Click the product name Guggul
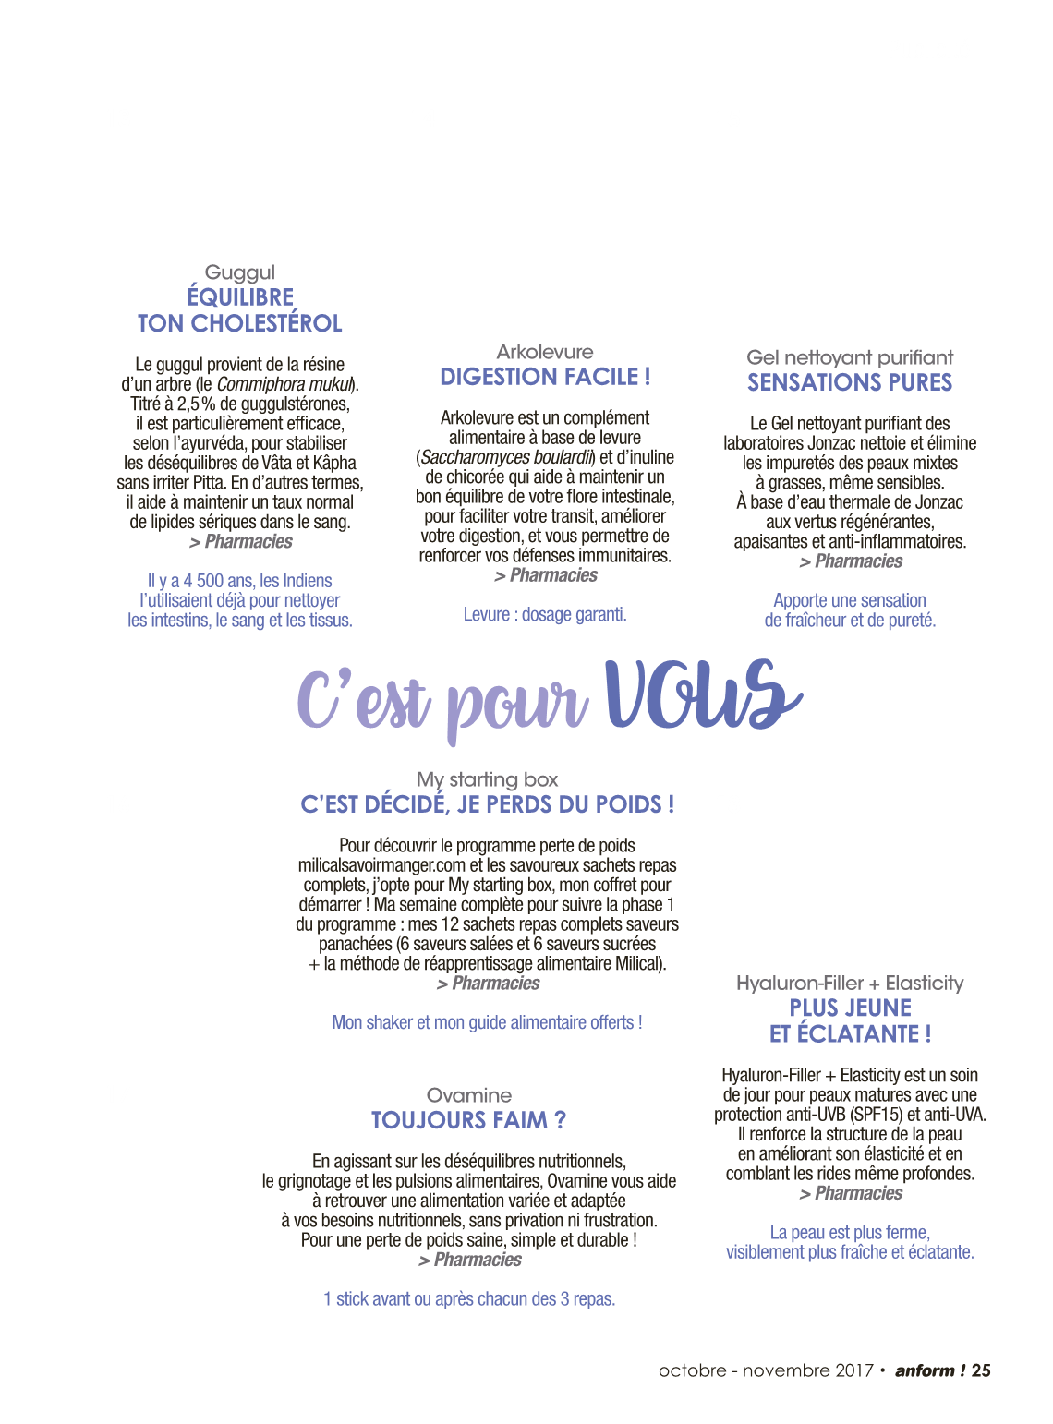click(239, 272)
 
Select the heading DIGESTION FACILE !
click(545, 377)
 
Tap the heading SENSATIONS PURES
click(850, 382)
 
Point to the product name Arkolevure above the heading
click(545, 352)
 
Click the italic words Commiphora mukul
click(284, 384)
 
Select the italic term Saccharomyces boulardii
click(505, 457)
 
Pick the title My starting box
click(487, 780)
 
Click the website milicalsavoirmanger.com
click(381, 865)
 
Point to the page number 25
click(981, 1370)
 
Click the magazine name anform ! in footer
click(929, 1370)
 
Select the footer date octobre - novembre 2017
click(766, 1370)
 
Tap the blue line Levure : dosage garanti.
click(545, 614)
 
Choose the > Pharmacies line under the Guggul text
click(240, 542)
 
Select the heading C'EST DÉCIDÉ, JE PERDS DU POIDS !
click(487, 805)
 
